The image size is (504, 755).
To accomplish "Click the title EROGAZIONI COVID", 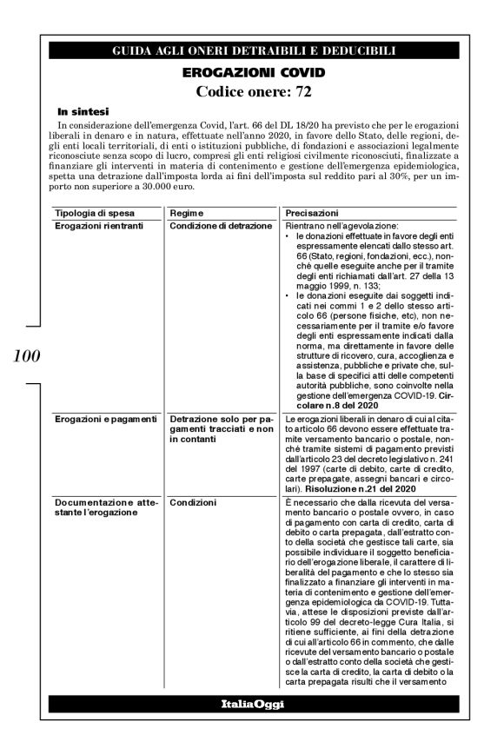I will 254,71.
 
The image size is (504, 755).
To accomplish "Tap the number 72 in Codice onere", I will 301,90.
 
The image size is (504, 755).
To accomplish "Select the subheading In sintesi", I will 83,111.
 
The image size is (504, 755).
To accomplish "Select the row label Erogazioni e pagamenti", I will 100,420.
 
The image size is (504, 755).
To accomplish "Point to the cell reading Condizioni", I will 193,502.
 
